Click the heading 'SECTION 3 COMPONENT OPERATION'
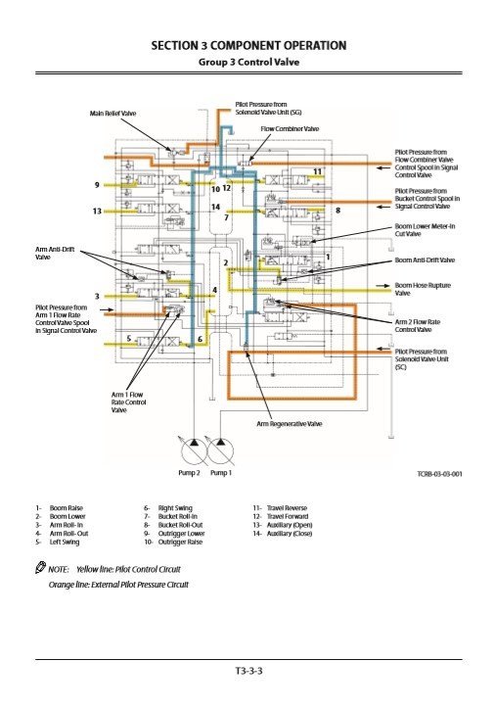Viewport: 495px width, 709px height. click(247, 46)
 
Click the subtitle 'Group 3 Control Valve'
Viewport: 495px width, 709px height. click(247, 62)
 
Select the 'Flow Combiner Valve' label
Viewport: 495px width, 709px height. click(290, 128)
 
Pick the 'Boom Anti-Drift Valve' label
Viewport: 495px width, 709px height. click(425, 260)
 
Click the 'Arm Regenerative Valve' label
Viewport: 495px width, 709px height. click(290, 423)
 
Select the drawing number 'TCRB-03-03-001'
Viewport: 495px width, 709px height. click(438, 474)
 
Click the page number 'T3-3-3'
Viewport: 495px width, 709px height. click(247, 670)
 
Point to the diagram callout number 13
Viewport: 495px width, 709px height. click(97, 212)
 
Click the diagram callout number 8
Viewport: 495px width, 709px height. click(338, 210)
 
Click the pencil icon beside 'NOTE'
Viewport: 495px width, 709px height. click(38, 568)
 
